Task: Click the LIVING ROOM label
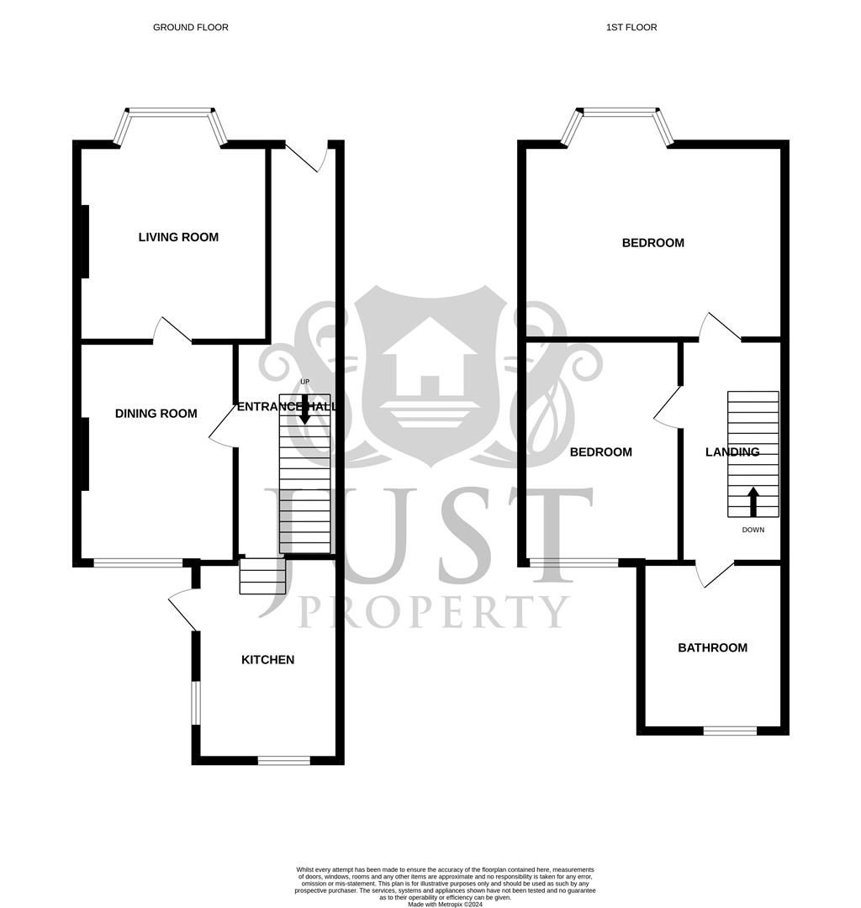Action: (x=178, y=237)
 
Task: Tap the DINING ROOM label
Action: (x=156, y=413)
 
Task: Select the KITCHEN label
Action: (x=267, y=660)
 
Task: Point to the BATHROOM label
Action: (x=712, y=647)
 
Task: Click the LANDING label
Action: (x=732, y=452)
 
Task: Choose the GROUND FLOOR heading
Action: (x=190, y=28)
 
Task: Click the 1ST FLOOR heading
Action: (x=631, y=28)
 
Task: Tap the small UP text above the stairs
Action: (x=305, y=383)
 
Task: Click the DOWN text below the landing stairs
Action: (x=753, y=531)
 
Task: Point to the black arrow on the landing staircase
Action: (x=753, y=501)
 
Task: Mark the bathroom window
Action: (x=729, y=731)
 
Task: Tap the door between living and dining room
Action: (x=172, y=330)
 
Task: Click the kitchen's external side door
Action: (x=184, y=609)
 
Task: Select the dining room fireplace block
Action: (x=84, y=454)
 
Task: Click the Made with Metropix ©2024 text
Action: (x=446, y=904)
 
